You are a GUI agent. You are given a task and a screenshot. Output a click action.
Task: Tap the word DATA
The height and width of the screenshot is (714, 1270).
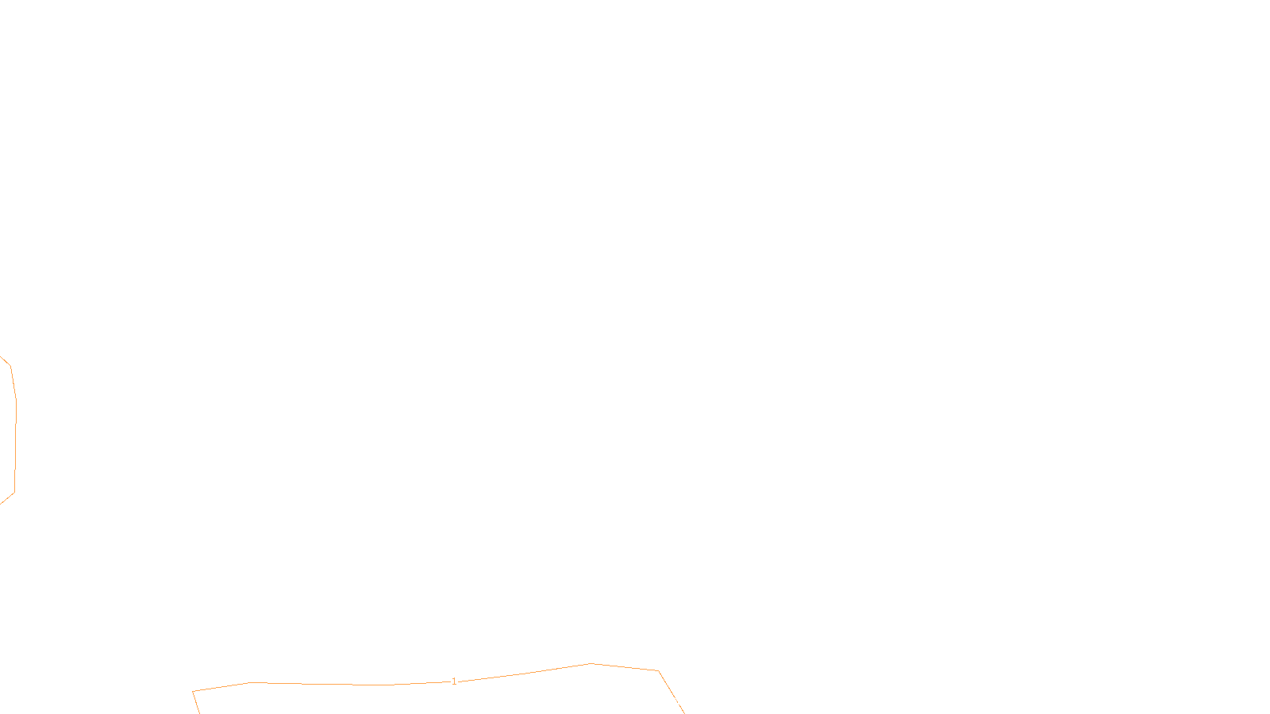(x=671, y=701)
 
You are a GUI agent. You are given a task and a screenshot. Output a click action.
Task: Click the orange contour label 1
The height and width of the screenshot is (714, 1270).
(x=454, y=681)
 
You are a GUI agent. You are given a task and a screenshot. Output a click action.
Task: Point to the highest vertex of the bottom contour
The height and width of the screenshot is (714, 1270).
(x=591, y=663)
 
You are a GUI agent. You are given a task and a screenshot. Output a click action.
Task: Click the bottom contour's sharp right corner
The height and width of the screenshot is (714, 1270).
(x=658, y=671)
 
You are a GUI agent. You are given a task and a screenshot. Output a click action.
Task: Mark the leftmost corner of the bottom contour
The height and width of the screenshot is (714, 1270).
(x=193, y=691)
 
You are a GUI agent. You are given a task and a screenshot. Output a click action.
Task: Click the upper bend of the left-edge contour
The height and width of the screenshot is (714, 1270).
(x=10, y=367)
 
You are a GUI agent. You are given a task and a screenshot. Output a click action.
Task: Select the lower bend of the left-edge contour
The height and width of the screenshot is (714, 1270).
(x=14, y=493)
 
